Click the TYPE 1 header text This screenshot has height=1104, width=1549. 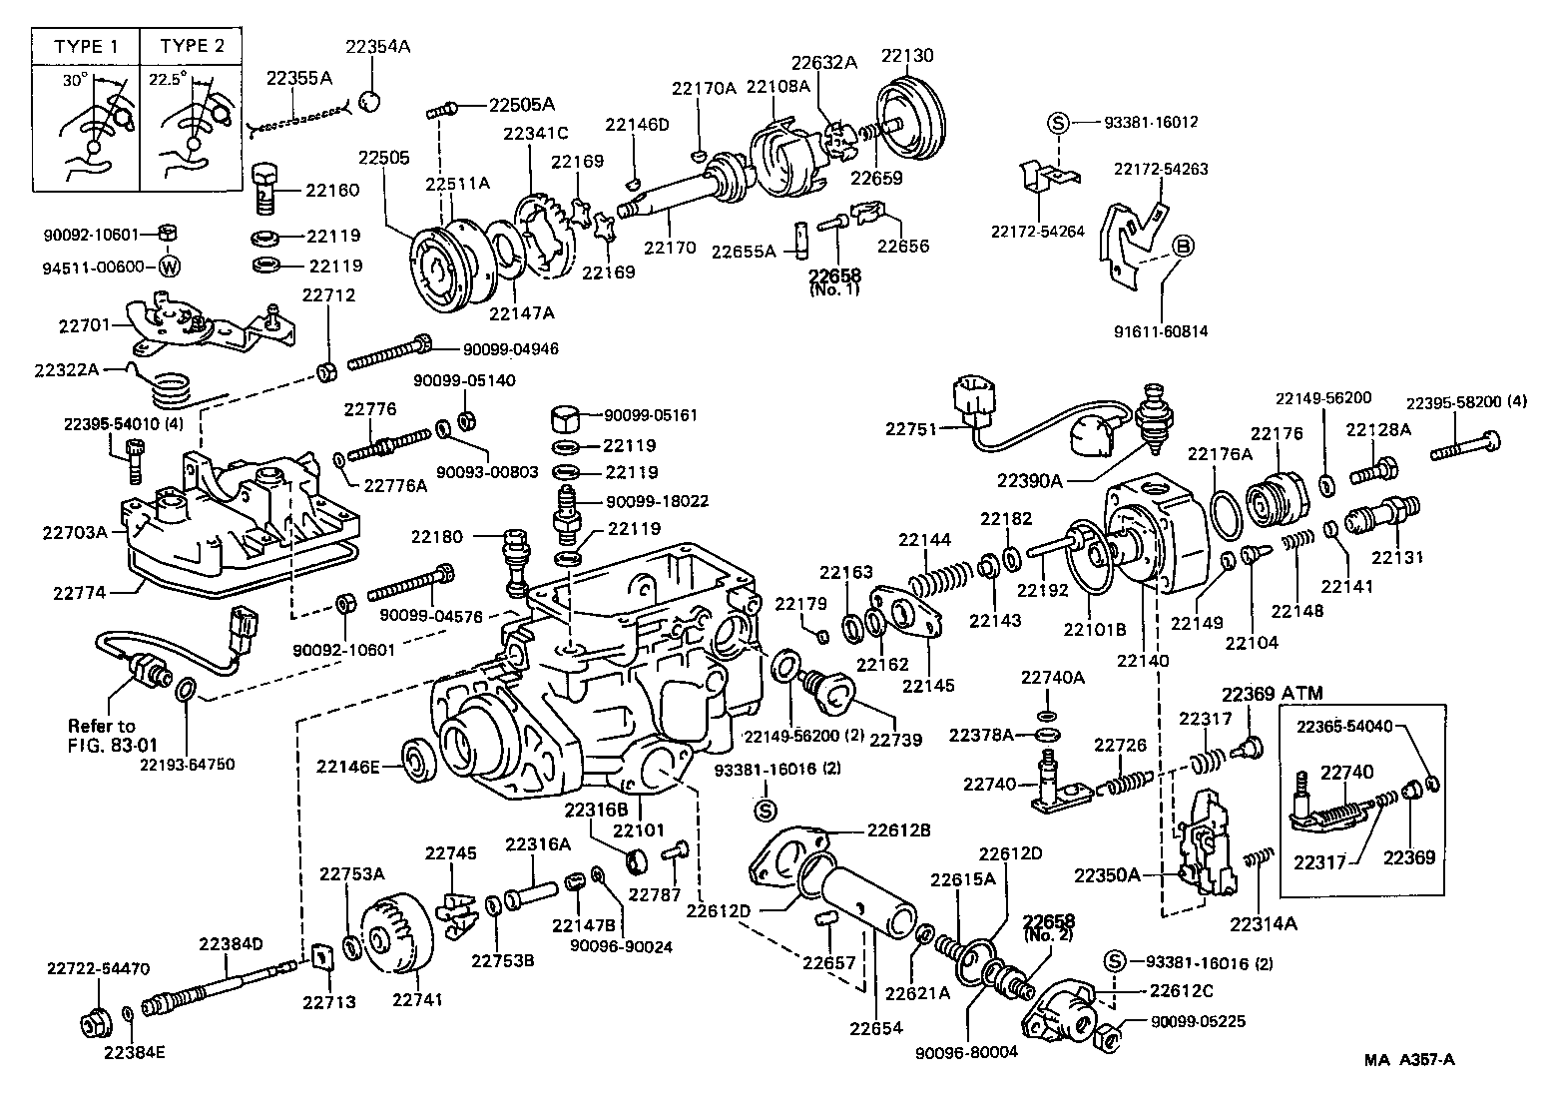(85, 47)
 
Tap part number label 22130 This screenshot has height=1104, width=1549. (907, 54)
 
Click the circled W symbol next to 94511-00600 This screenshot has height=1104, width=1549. (170, 267)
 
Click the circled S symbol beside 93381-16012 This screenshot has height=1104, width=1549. (1058, 123)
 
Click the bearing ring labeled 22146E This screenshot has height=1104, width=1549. (416, 766)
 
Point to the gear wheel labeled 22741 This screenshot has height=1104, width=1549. (397, 934)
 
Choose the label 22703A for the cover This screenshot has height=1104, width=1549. (74, 533)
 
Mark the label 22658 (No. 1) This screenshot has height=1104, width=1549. (834, 281)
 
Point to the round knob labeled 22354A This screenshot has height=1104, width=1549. (369, 101)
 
